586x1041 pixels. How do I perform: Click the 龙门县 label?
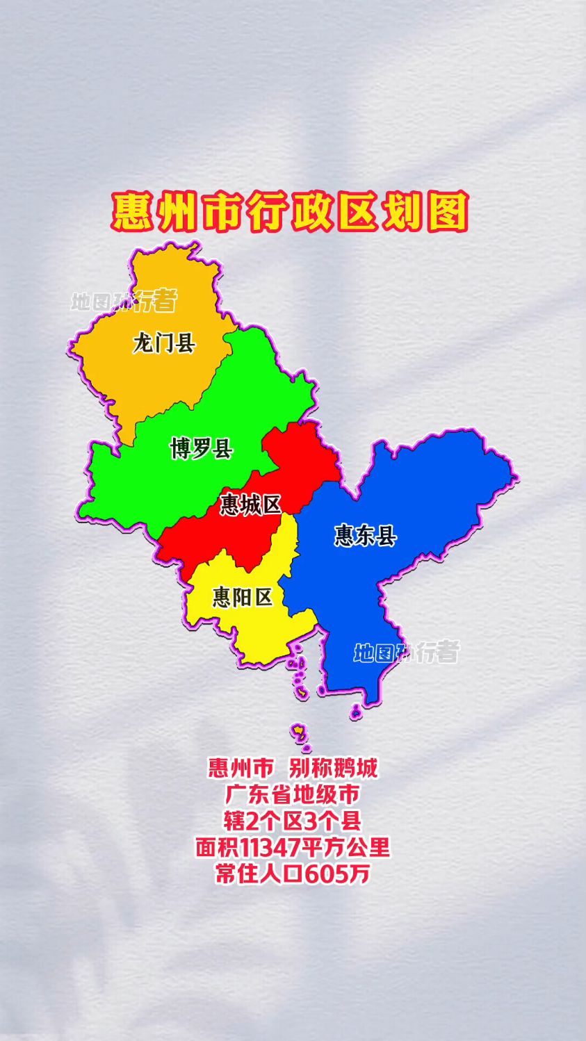[x=164, y=343]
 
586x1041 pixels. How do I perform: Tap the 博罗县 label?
[x=201, y=448]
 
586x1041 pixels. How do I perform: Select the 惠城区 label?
[x=250, y=504]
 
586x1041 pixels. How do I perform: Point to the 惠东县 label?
[x=365, y=536]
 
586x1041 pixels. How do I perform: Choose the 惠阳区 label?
[x=243, y=596]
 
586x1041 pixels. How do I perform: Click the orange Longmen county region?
[x=167, y=382]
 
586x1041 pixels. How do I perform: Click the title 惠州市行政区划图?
[x=291, y=212]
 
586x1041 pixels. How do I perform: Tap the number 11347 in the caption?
[x=272, y=847]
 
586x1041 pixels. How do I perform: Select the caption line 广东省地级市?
[x=293, y=794]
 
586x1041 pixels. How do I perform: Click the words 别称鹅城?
[x=333, y=768]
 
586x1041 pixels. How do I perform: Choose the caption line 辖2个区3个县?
[x=293, y=821]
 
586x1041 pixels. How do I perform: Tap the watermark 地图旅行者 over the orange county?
[x=124, y=301]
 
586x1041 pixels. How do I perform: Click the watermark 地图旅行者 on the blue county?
[x=407, y=653]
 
